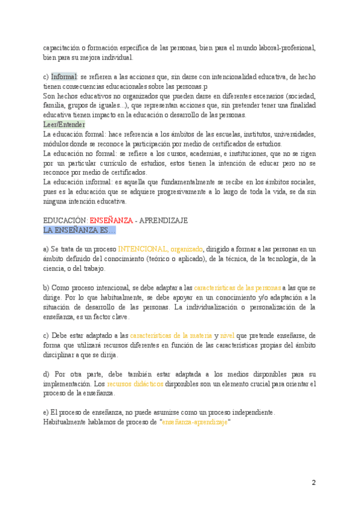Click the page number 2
coord(313,483)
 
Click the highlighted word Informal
coord(64,77)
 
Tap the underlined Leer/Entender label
coord(64,124)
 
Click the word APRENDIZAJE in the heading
coord(164,220)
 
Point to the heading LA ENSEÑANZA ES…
coord(80,230)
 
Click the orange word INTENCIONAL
coord(142,249)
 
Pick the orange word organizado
coord(187,249)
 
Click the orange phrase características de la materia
coord(171,336)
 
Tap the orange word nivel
coord(227,336)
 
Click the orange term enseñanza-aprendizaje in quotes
coord(195,422)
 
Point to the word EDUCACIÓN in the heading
coord(65,220)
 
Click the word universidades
coord(290,134)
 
